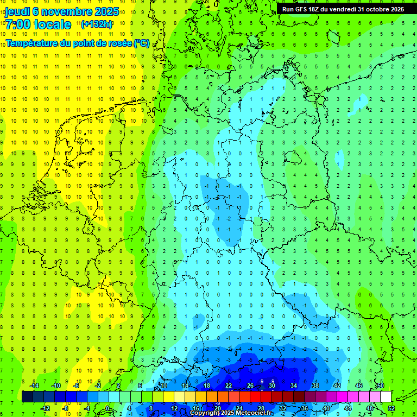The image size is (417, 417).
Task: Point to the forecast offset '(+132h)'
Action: [x=96, y=24]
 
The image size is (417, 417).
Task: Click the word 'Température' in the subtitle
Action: [x=32, y=43]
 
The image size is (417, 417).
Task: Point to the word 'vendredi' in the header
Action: [x=348, y=9]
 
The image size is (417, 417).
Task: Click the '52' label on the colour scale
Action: [x=391, y=408]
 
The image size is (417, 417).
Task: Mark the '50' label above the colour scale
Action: [x=380, y=386]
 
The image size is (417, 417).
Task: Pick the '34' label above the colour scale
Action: [x=293, y=386]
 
